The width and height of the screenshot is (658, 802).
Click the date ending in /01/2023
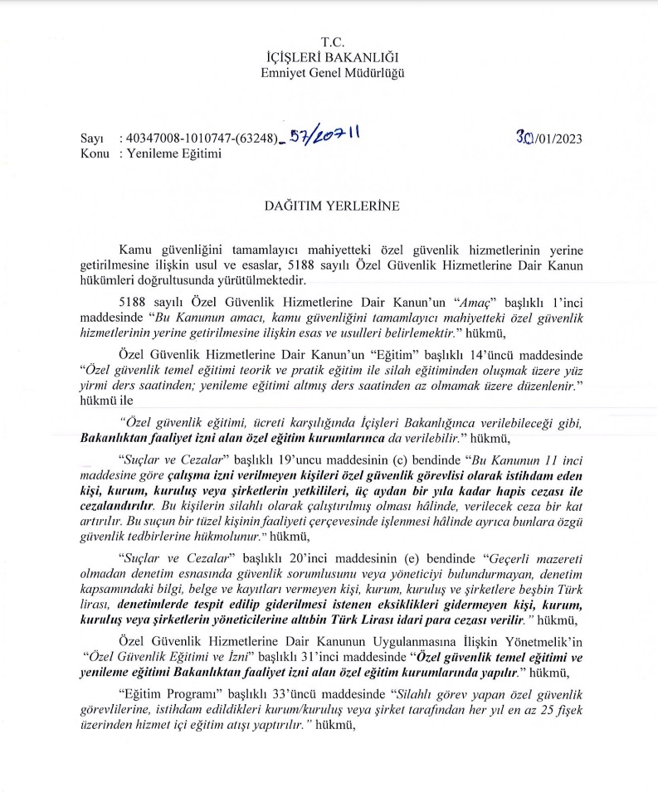[x=548, y=138]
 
